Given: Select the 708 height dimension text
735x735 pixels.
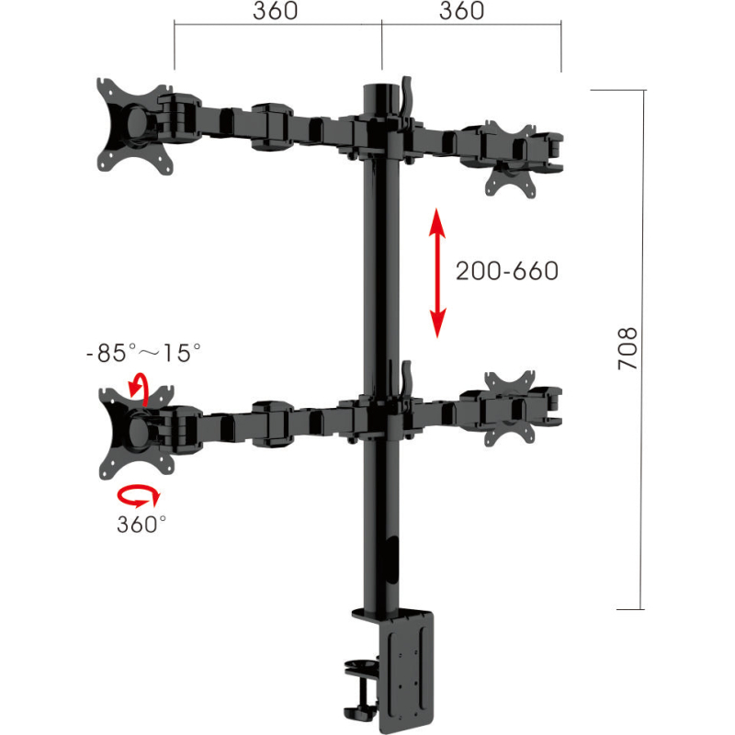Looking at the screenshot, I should click(x=627, y=348).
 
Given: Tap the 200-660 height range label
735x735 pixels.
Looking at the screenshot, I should click(x=507, y=271).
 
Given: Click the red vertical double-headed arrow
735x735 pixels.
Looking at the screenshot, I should click(x=437, y=272).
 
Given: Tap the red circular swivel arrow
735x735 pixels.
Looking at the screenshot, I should click(x=138, y=496).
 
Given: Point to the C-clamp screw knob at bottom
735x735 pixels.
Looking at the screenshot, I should click(x=358, y=707).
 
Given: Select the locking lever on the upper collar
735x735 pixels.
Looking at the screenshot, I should click(x=404, y=96).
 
